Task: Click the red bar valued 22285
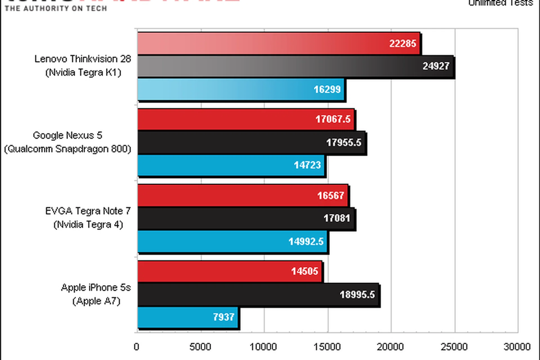pyautogui.click(x=278, y=43)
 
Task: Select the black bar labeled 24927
pyautogui.click(x=295, y=66)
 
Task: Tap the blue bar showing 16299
pyautogui.click(x=241, y=89)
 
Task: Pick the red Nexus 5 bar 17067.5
pyautogui.click(x=246, y=119)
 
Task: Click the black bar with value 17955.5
pyautogui.click(x=251, y=142)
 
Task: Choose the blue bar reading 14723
pyautogui.click(x=231, y=165)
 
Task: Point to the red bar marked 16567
pyautogui.click(x=243, y=195)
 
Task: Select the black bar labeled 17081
pyautogui.click(x=246, y=218)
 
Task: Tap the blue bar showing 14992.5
pyautogui.click(x=232, y=241)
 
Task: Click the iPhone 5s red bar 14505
pyautogui.click(x=229, y=271)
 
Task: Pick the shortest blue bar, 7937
pyautogui.click(x=188, y=317)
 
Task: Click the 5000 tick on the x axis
pyautogui.click(x=200, y=347)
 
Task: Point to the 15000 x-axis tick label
pyautogui.click(x=327, y=347)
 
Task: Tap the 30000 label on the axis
pyautogui.click(x=517, y=347)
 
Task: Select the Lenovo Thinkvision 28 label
pyautogui.click(x=83, y=59)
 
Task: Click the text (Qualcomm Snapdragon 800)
pyautogui.click(x=68, y=149)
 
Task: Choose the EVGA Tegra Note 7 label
pyautogui.click(x=88, y=211)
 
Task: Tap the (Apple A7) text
pyautogui.click(x=96, y=301)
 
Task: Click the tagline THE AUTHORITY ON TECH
pyautogui.click(x=56, y=8)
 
